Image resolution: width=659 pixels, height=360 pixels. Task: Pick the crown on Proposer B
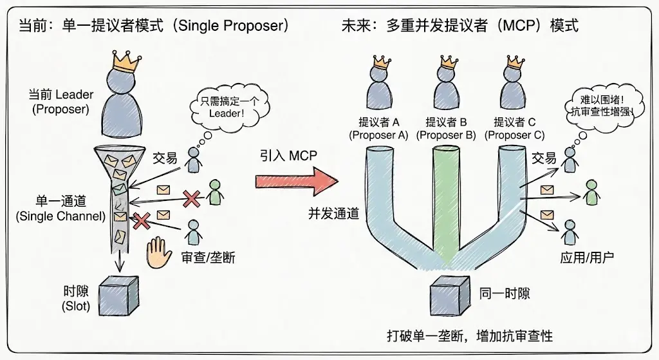click(x=447, y=63)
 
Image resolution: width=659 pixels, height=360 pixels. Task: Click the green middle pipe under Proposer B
click(x=448, y=193)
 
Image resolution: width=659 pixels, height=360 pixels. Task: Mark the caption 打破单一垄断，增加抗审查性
click(x=469, y=336)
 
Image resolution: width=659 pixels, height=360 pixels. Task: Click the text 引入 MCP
click(x=289, y=156)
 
